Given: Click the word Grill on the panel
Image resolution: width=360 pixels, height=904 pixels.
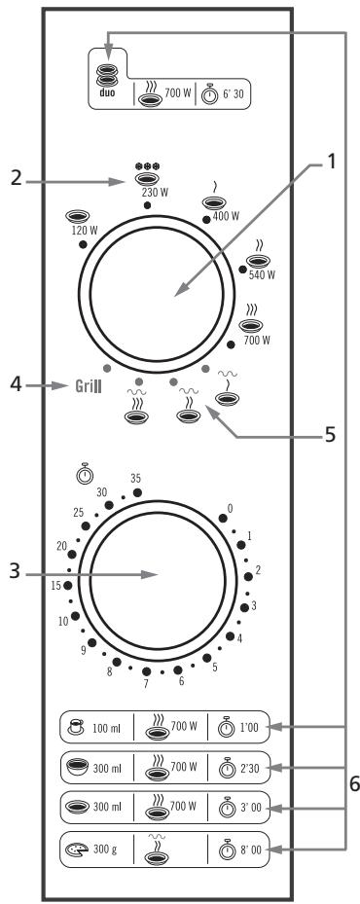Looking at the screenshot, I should pos(89,385).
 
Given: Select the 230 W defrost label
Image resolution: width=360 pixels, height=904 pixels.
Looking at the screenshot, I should pos(147,193).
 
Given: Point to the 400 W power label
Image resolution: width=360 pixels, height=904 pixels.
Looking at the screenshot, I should pos(225,216).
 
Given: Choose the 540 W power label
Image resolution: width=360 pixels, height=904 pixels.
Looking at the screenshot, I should pos(263,275).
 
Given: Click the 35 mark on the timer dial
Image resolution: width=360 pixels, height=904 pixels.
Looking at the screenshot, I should pos(137,478).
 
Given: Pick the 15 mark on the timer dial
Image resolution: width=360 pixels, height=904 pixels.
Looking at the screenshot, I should pos(57,585).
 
